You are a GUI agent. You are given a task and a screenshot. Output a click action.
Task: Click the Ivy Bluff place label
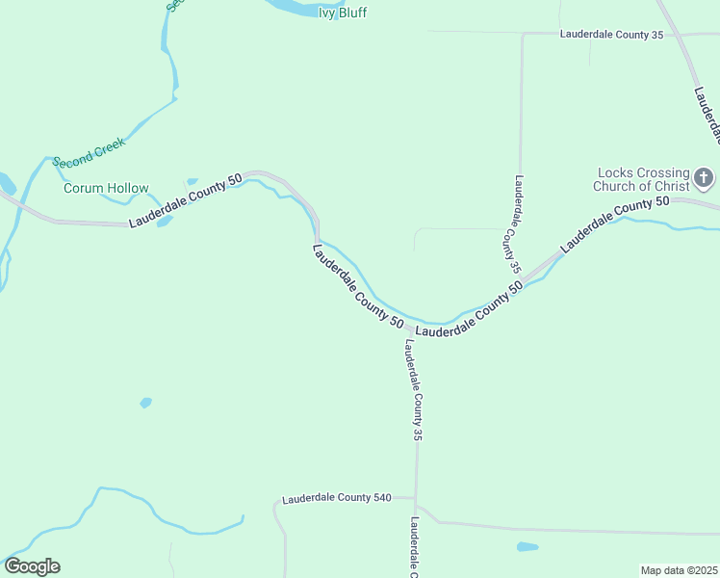[x=343, y=13]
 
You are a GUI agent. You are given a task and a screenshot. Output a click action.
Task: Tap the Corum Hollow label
[x=106, y=188]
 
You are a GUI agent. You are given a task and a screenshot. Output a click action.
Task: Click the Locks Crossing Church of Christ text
[x=642, y=179]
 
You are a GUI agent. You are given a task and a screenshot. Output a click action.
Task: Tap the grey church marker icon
[x=705, y=177]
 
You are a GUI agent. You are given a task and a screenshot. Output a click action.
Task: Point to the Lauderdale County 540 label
[x=337, y=498]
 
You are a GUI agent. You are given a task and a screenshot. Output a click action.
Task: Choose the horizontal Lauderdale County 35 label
[x=612, y=35]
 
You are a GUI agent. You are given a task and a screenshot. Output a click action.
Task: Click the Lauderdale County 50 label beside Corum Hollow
[x=185, y=204]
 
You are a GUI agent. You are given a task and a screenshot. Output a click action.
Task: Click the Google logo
[x=32, y=566]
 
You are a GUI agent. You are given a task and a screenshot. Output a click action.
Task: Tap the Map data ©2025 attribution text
[x=679, y=570]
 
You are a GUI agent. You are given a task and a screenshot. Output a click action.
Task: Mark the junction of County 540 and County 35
[x=417, y=499]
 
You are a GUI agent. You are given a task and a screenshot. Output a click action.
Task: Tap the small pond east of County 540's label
[x=527, y=547]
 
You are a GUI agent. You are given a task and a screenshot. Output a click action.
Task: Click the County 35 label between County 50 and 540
[x=414, y=390]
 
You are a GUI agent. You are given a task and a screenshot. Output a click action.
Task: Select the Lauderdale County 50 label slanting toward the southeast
[x=357, y=286]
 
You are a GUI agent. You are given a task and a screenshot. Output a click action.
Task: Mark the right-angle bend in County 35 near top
[x=522, y=35]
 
